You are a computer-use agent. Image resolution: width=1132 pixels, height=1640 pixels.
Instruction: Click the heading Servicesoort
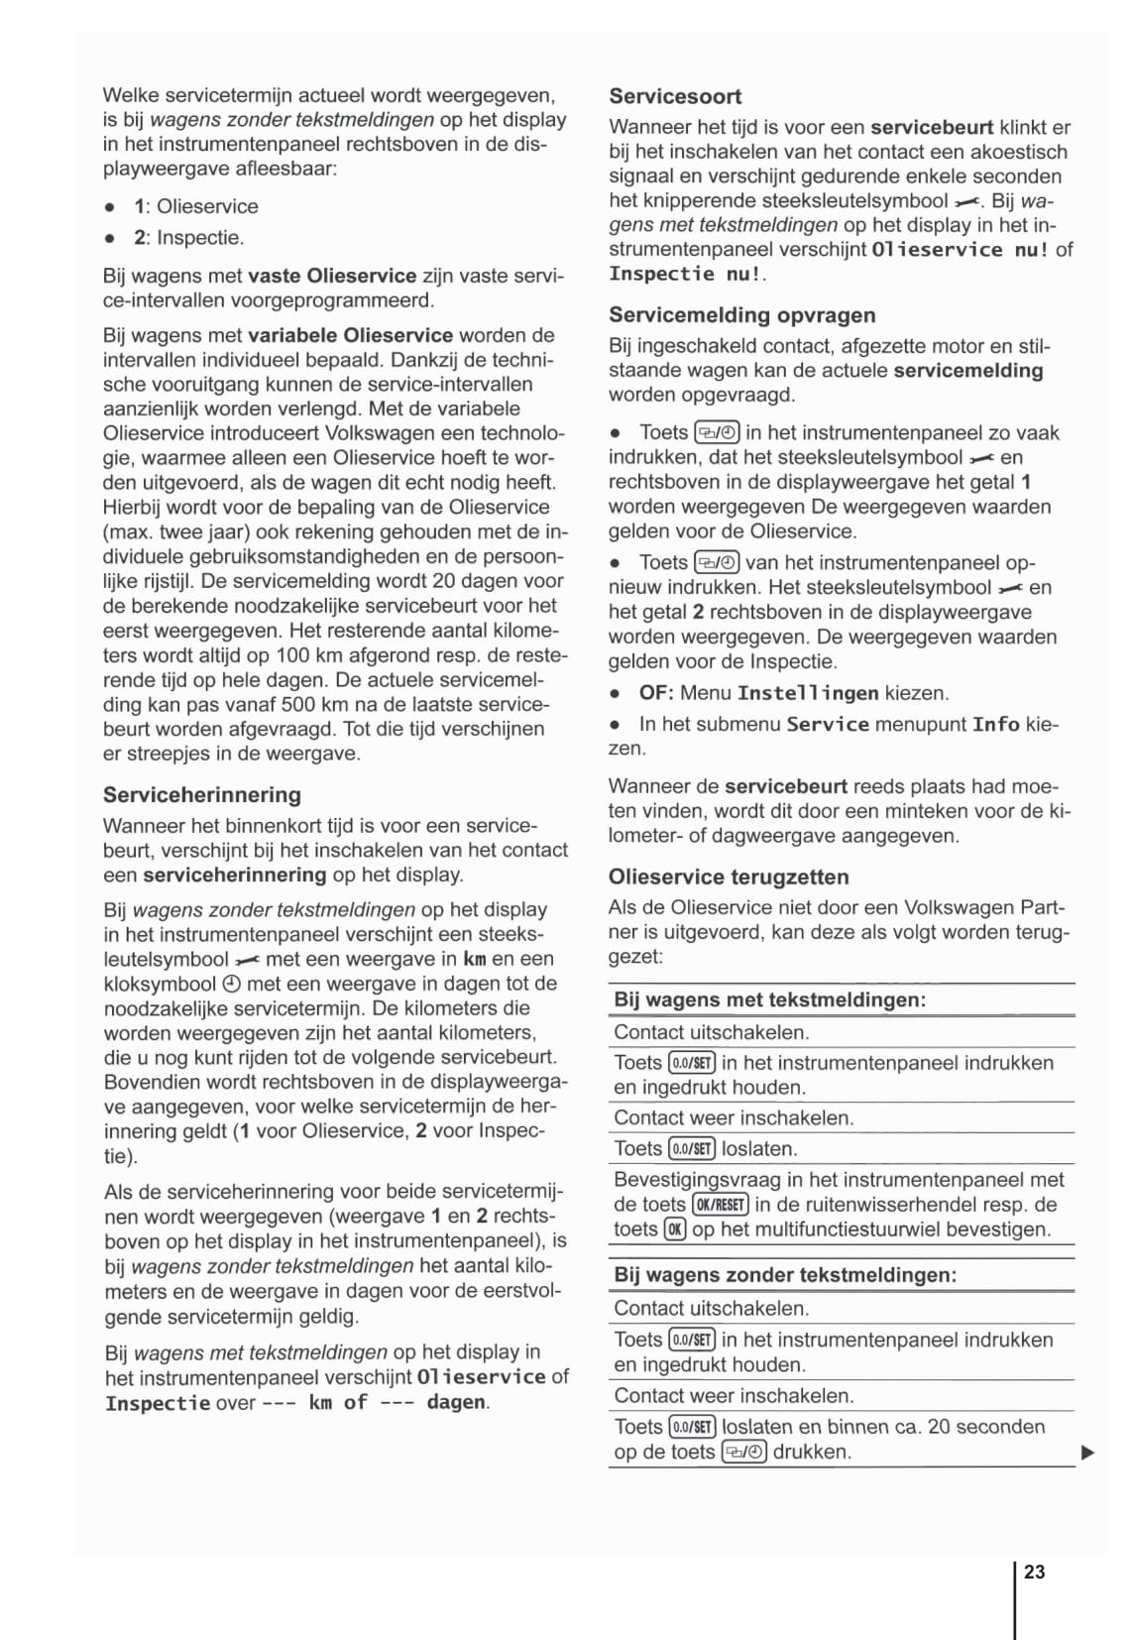click(675, 96)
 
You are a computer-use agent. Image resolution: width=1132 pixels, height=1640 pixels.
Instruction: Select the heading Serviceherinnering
click(201, 794)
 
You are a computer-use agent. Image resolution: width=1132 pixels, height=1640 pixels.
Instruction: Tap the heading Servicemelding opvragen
click(741, 315)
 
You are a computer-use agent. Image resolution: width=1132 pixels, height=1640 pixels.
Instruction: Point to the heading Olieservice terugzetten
click(729, 877)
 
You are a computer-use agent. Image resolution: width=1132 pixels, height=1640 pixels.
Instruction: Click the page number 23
click(1034, 1572)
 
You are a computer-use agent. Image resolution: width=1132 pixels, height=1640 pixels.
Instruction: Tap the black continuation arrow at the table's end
click(1087, 1454)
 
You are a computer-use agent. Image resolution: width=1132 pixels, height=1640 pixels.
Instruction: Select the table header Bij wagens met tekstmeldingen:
click(769, 999)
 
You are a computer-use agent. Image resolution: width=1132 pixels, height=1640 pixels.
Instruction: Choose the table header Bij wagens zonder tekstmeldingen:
click(785, 1275)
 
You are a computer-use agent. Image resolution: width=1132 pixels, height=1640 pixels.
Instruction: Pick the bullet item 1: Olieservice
click(195, 206)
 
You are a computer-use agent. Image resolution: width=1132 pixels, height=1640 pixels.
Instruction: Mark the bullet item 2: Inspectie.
click(188, 238)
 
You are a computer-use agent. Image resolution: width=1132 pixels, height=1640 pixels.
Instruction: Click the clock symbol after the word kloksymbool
click(230, 985)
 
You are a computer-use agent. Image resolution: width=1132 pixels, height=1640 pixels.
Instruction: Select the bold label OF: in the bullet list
click(656, 693)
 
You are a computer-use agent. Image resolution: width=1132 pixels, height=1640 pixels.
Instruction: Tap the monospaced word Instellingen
click(808, 693)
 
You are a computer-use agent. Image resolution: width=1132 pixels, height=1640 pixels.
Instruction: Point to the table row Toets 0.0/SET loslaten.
click(705, 1149)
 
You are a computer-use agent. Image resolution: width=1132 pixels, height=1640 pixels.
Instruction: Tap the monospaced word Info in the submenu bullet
click(995, 724)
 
